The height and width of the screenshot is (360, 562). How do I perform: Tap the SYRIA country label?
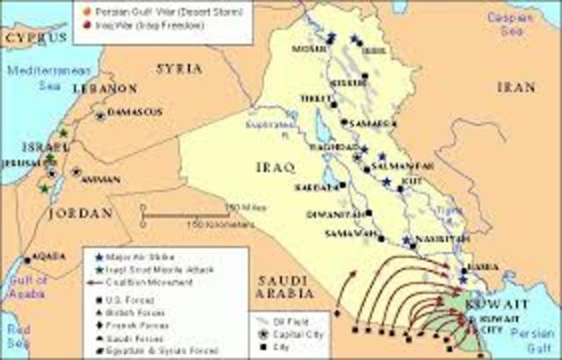point(179,68)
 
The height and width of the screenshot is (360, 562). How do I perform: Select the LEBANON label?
point(104,89)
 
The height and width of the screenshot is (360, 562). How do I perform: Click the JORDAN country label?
point(81,213)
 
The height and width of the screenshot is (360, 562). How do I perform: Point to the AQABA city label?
point(47,256)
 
